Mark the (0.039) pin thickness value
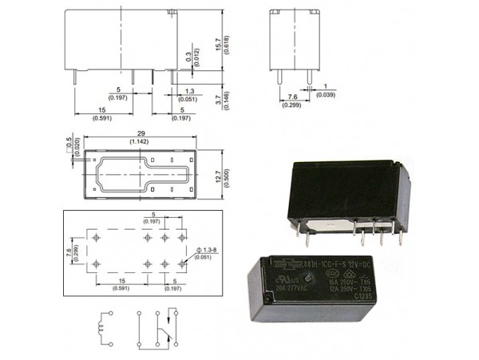click(325, 95)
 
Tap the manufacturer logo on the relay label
click(283, 269)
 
